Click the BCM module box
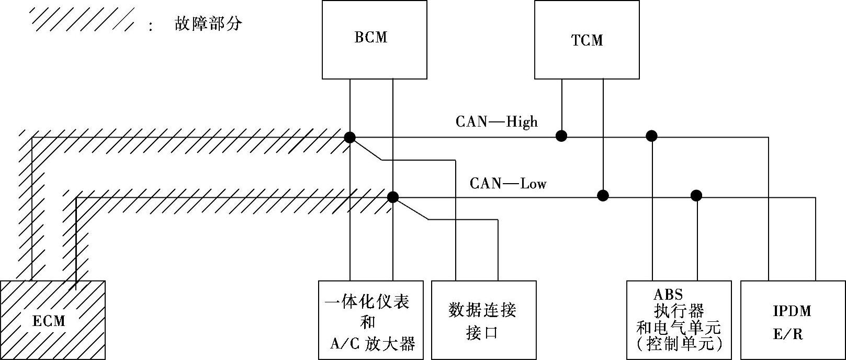[374, 40]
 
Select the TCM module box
[586, 40]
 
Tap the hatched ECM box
[52, 320]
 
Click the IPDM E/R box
[793, 320]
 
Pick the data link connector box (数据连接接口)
[483, 320]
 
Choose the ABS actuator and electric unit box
[679, 320]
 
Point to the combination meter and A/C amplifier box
[370, 320]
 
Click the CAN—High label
[497, 122]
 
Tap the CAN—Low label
[507, 184]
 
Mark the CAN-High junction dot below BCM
[349, 138]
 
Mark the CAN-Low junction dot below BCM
[392, 197]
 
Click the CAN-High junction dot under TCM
[561, 137]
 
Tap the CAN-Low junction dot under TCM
[603, 196]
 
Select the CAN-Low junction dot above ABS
[696, 196]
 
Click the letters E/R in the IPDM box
[787, 334]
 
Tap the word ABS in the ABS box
[668, 295]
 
